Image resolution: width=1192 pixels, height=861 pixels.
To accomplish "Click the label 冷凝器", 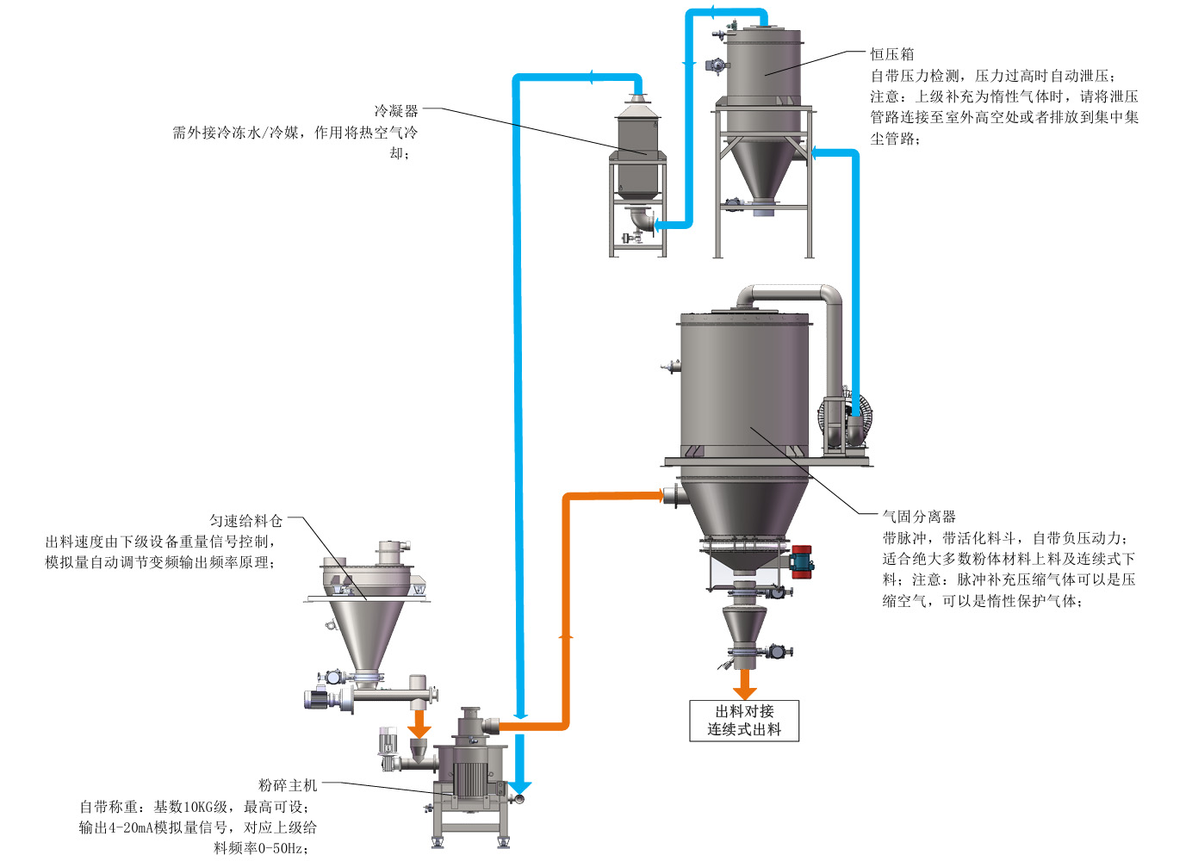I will [x=395, y=111].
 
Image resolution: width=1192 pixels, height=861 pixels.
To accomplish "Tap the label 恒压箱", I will [x=891, y=54].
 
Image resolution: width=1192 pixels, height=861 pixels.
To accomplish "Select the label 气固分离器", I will [x=919, y=517].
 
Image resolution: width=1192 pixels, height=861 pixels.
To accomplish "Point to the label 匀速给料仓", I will [x=245, y=521].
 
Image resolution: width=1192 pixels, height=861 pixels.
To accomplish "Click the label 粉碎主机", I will [x=288, y=785].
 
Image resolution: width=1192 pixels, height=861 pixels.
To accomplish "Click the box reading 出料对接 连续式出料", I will [x=744, y=721].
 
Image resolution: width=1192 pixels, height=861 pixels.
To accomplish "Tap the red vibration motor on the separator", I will [x=802, y=560].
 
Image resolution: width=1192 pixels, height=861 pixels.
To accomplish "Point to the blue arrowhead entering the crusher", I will [x=520, y=786].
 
